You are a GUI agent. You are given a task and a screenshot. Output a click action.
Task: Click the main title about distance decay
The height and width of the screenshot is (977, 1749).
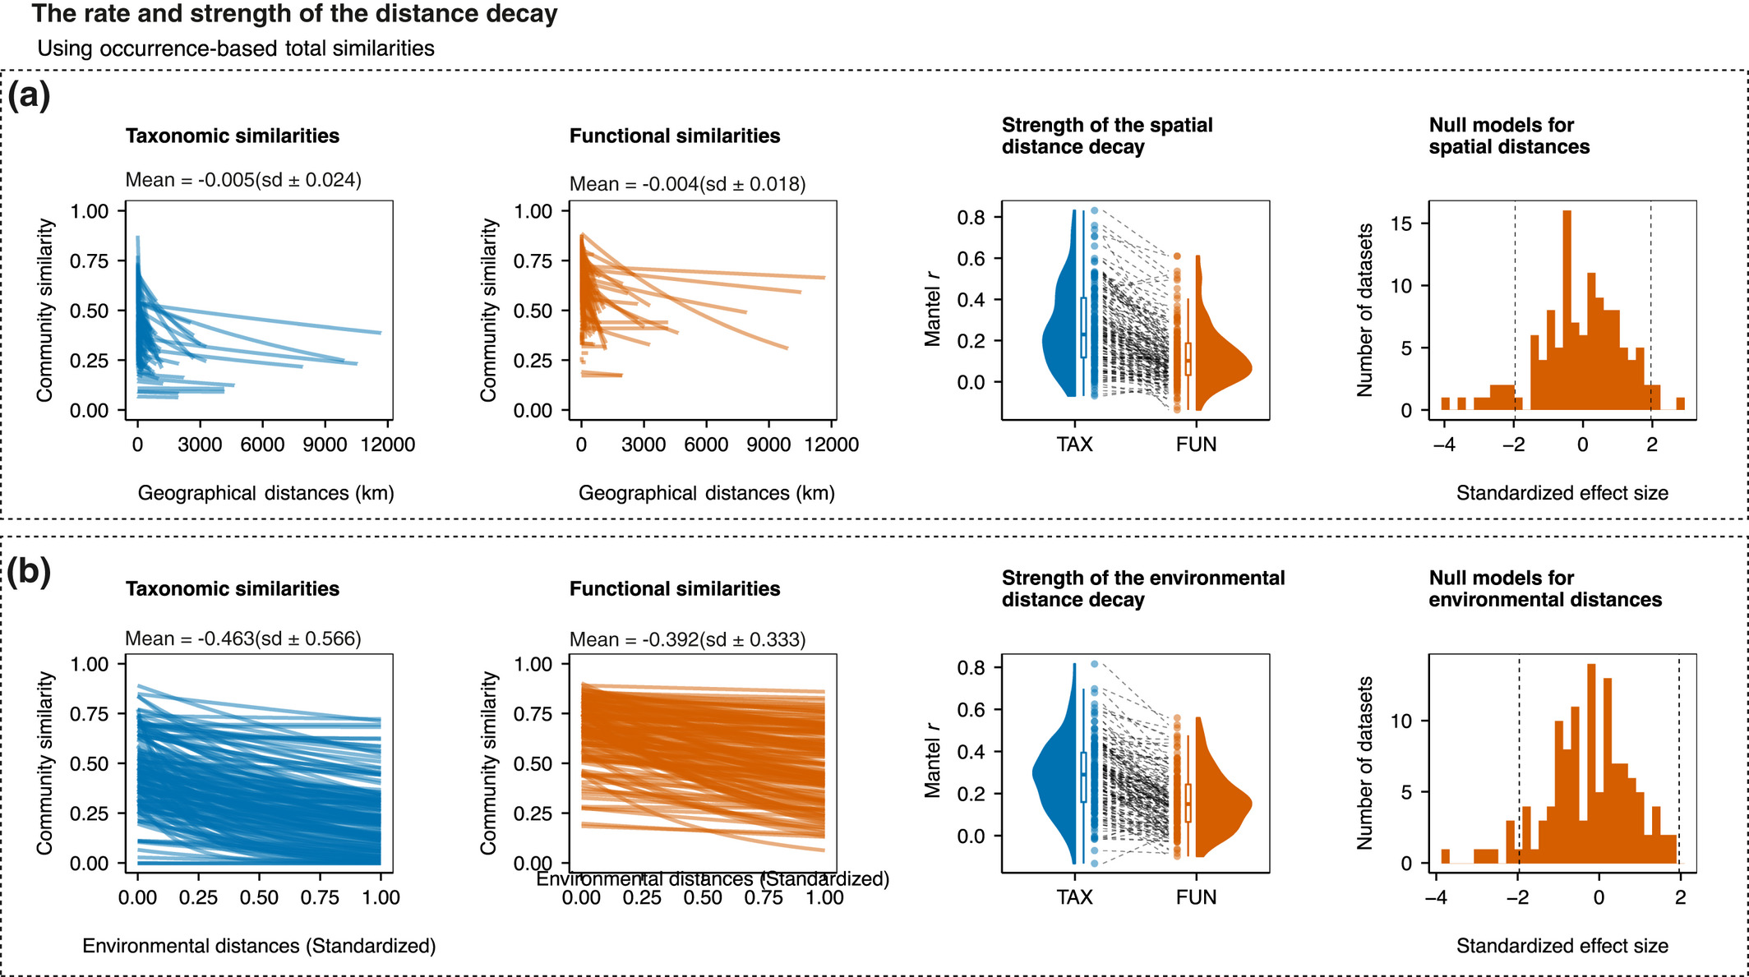pyautogui.click(x=294, y=14)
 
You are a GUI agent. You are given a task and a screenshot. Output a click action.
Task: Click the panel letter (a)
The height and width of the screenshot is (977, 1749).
pyautogui.click(x=29, y=95)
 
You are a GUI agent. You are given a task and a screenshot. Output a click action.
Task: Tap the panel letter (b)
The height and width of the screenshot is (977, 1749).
pyautogui.click(x=29, y=572)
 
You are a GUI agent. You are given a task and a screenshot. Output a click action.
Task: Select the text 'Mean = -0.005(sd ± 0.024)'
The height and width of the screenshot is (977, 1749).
pyautogui.click(x=243, y=180)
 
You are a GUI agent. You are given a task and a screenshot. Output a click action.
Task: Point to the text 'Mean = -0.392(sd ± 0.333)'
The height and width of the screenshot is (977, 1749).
pyautogui.click(x=687, y=639)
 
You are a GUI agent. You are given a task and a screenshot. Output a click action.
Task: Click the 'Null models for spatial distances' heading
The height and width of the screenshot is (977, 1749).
pyautogui.click(x=1509, y=136)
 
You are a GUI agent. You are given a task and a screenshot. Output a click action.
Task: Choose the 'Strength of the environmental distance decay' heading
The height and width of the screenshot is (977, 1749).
pyautogui.click(x=1142, y=588)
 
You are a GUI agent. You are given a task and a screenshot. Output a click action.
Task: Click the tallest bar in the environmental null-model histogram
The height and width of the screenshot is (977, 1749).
pyautogui.click(x=1591, y=763)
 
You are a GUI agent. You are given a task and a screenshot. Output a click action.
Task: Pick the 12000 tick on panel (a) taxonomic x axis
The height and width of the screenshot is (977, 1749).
pyautogui.click(x=388, y=445)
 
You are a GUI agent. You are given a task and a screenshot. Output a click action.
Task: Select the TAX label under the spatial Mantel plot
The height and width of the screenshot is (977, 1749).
pyautogui.click(x=1074, y=445)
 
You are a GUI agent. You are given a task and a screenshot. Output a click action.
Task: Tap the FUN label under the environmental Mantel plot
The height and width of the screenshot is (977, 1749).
pyautogui.click(x=1196, y=897)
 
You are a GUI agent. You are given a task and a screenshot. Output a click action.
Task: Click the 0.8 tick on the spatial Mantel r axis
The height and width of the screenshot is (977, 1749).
pyautogui.click(x=971, y=218)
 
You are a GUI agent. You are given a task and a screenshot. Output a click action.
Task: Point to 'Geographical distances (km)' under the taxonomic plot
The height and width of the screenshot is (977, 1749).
pyautogui.click(x=265, y=493)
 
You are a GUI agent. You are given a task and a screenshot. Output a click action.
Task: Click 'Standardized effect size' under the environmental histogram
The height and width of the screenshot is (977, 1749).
pyautogui.click(x=1562, y=946)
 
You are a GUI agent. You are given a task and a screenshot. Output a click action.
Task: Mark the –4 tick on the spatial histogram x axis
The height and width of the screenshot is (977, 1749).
pyautogui.click(x=1443, y=445)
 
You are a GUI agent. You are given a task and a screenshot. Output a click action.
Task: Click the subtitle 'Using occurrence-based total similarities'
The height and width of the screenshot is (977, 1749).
pyautogui.click(x=236, y=48)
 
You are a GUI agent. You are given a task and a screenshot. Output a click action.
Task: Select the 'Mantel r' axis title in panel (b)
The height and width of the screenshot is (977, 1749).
pyautogui.click(x=932, y=761)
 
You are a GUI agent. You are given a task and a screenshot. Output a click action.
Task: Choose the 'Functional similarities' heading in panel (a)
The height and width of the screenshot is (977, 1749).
pyautogui.click(x=675, y=136)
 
